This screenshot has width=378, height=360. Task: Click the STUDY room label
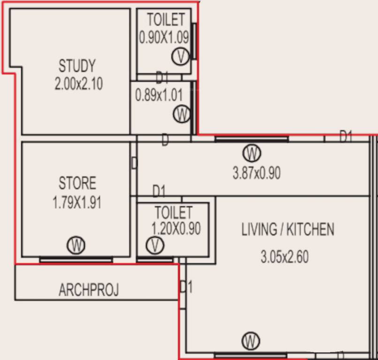[x=77, y=65]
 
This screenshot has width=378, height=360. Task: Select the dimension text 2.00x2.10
[x=78, y=84]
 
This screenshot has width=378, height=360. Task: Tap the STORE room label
[x=77, y=183]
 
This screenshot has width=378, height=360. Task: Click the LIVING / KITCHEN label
[x=287, y=230]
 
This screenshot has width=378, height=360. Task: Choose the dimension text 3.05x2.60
[x=285, y=257]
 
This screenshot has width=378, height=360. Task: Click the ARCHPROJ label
[x=89, y=290]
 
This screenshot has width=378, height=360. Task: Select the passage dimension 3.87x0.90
[x=257, y=173]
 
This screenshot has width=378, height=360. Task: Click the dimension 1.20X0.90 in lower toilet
[x=176, y=228]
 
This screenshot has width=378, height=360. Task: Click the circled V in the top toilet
[x=180, y=57]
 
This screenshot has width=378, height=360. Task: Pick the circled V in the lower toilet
[x=154, y=245]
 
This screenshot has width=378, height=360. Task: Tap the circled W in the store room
[x=76, y=245]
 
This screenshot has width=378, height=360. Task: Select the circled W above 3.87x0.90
[x=252, y=153]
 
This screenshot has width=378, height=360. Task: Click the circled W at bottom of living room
[x=251, y=341]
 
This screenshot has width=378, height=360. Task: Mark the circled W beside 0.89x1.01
[x=181, y=114]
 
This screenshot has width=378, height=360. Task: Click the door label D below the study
[x=165, y=141]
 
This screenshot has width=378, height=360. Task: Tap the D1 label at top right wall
[x=346, y=136]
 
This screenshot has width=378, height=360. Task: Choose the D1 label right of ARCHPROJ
[x=186, y=286]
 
